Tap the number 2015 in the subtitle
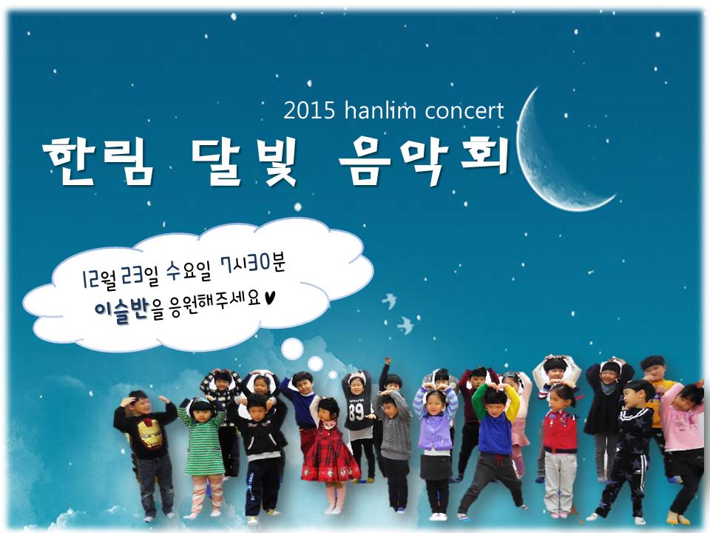pyautogui.click(x=309, y=110)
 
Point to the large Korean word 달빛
pyautogui.click(x=243, y=161)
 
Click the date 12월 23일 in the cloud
pyautogui.click(x=120, y=276)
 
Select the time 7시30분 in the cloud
pyautogui.click(x=253, y=265)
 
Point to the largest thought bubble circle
pyautogui.click(x=292, y=349)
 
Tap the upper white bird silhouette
pyautogui.click(x=389, y=301)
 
